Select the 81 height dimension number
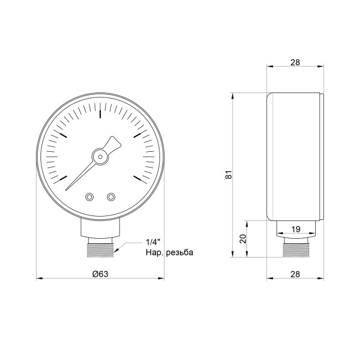tap(228, 175)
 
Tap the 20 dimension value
tap(243, 239)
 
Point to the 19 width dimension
tap(296, 229)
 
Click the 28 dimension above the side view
tap(295, 63)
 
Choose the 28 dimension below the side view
tap(295, 273)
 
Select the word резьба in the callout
tap(177, 253)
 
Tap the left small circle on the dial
tap(90, 197)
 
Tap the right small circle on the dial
tap(111, 197)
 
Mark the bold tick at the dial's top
tap(100, 114)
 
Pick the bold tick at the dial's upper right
tap(137, 135)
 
